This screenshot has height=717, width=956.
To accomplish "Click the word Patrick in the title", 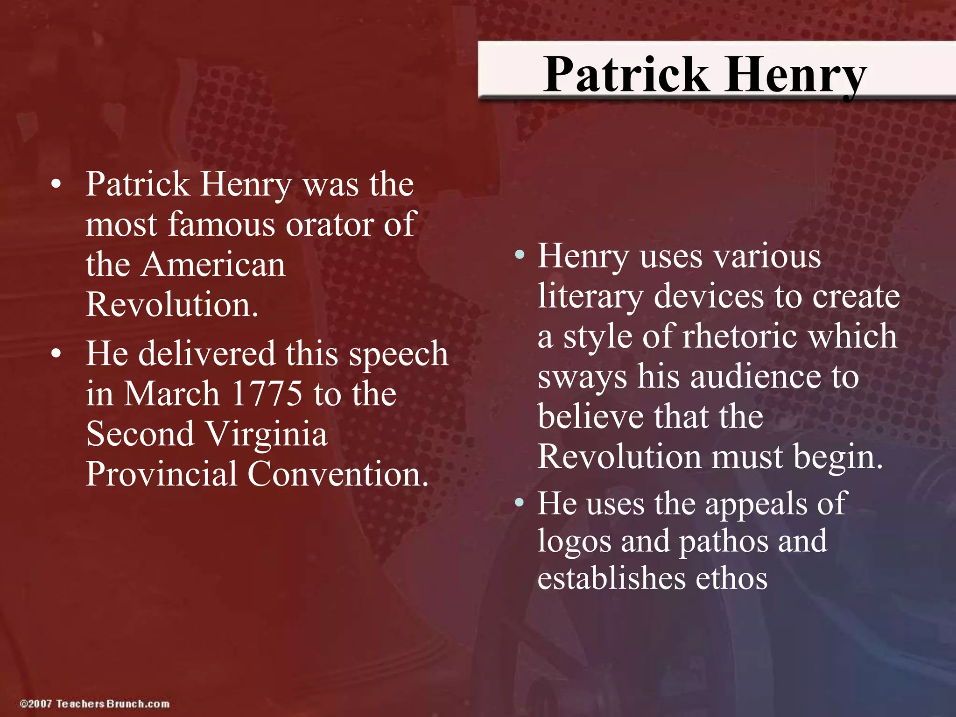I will (626, 75).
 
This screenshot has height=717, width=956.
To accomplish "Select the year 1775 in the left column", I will (267, 394).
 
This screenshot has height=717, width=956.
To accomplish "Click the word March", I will (171, 394).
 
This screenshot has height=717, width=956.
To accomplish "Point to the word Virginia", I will (267, 434).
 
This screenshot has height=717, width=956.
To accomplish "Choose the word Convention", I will (337, 474).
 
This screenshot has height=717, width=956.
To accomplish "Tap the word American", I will (214, 265).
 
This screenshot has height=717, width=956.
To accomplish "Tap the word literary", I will (590, 297).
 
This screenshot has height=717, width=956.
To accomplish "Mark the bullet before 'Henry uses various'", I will (519, 255).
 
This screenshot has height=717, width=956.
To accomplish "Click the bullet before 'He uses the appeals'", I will (519, 503).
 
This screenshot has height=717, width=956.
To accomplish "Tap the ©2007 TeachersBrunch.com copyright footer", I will (94, 703).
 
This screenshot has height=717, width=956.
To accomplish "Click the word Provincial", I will (162, 474).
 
